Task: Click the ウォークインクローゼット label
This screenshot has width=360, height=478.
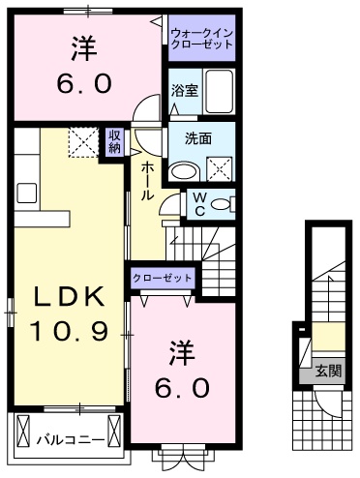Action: pos(202,38)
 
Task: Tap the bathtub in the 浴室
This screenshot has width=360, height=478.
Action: pos(220,91)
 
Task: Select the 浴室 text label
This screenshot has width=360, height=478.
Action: pos(185,91)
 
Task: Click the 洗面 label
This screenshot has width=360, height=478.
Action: pos(198,138)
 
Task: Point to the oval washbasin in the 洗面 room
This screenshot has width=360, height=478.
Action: pos(185,171)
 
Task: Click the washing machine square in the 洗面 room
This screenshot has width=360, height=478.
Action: pos(220,169)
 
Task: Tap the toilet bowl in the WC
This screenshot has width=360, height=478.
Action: pos(222,204)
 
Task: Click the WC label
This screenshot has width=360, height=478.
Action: pos(200,204)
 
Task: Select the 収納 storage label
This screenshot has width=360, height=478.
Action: pos(114,141)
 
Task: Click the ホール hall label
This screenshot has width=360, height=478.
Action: pos(147,181)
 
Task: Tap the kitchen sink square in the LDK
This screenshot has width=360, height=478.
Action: pos(27,193)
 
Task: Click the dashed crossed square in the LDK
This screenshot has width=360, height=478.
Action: pos(83,142)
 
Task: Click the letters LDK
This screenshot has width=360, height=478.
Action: pos(70,296)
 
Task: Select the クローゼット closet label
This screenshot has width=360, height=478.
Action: pos(163,278)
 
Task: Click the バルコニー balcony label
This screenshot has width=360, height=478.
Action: pos(71,440)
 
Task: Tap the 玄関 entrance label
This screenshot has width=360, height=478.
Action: pos(328,371)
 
